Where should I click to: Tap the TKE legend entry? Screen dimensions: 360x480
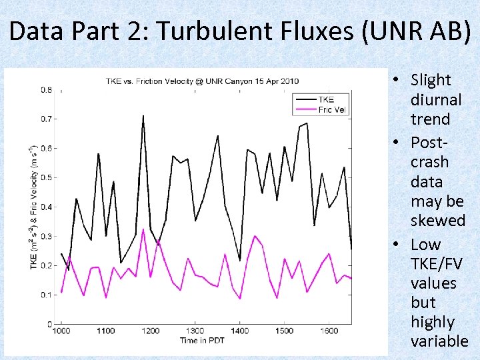[327, 99]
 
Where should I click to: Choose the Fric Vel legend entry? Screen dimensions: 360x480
[331, 109]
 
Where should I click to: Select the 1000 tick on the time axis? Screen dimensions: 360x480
[61, 331]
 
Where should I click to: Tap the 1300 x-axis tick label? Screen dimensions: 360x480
[195, 331]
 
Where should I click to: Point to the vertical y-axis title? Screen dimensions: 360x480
[33, 207]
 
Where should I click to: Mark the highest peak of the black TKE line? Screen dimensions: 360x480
[143, 116]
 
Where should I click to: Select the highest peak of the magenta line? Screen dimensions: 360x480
[143, 229]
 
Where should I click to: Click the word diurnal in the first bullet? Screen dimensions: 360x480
[436, 100]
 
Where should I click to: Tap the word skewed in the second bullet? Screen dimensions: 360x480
[437, 221]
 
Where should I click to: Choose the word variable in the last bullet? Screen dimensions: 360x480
[439, 341]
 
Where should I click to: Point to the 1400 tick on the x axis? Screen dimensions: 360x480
[239, 331]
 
